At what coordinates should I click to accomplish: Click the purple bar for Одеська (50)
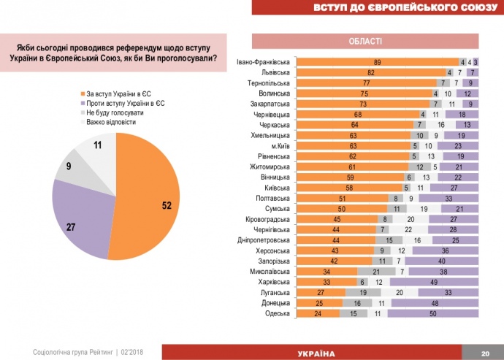click(x=433, y=313)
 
